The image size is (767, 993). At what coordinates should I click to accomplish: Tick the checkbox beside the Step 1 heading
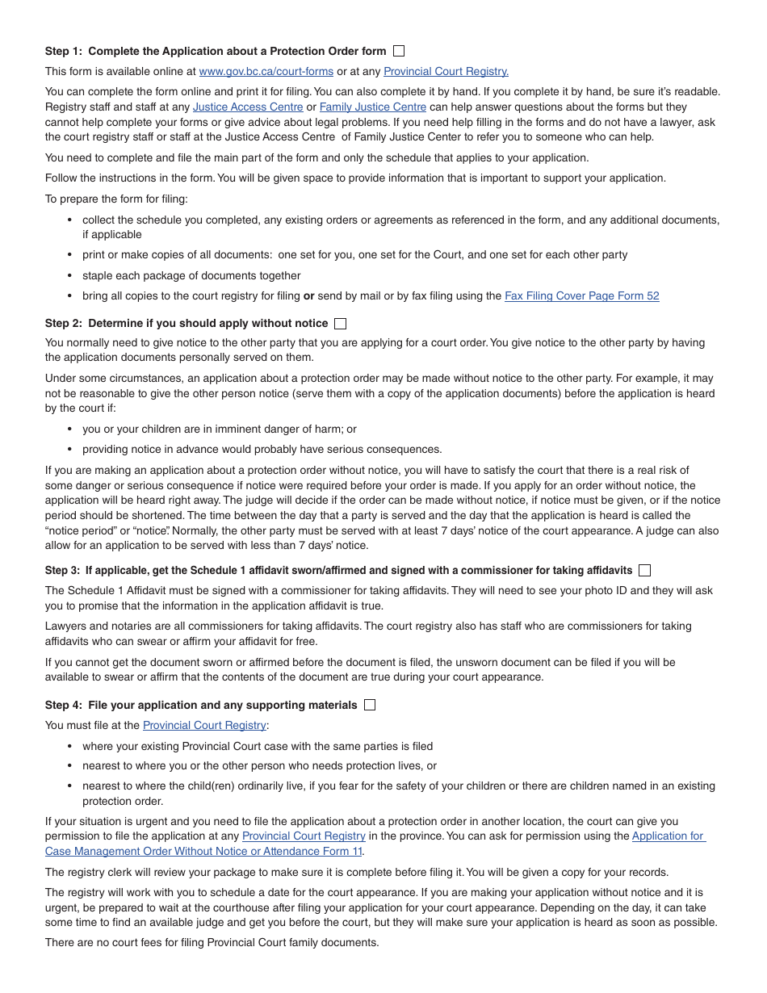(399, 51)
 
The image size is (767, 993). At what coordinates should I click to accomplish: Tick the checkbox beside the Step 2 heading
(340, 324)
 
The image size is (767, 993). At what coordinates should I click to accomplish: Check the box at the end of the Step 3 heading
(644, 571)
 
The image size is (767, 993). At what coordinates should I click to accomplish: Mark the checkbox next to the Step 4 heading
(370, 705)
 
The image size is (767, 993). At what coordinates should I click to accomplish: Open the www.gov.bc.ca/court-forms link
(266, 72)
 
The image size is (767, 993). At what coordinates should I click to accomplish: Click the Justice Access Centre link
(248, 107)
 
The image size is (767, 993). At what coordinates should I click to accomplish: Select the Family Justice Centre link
(373, 107)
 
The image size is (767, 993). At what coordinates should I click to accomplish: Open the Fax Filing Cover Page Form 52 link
(581, 295)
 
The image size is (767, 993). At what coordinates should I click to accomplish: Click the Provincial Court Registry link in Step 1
(446, 72)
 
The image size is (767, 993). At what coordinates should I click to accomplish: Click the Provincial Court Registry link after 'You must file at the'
(204, 726)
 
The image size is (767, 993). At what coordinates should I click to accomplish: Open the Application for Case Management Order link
(668, 836)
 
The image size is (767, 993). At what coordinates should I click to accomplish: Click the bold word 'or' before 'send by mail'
(308, 295)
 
